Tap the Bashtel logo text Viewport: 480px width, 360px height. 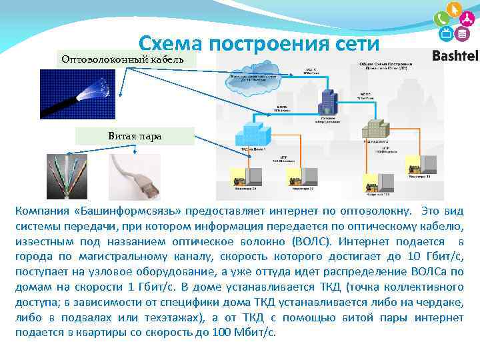455,56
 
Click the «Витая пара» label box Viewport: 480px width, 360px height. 135,136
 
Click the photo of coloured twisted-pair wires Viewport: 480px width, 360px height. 67,177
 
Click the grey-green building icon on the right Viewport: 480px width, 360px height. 375,127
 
